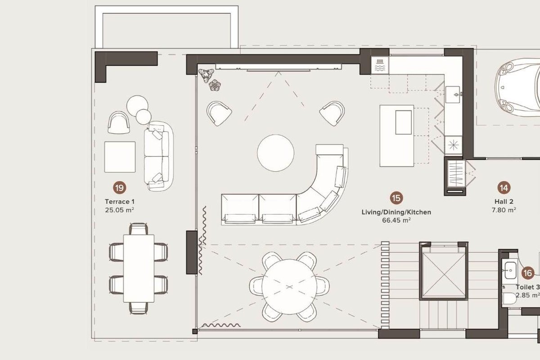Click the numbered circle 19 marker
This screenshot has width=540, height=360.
coord(120,188)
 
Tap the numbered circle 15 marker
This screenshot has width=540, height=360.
coord(396,198)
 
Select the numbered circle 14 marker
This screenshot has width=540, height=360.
coord(504,188)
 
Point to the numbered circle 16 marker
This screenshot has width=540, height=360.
coord(528,273)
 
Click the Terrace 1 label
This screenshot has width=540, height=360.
coord(120,202)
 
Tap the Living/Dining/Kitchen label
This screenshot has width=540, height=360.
coord(396,212)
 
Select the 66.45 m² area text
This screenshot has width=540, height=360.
coord(396,220)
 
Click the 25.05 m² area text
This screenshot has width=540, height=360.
coord(120,210)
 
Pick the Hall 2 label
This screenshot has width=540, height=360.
coord(504,202)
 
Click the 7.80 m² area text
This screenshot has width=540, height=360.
coord(504,210)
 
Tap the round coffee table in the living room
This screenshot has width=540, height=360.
coord(275,153)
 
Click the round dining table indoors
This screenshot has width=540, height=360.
coord(289,287)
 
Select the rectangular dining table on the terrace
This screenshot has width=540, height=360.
coord(139,268)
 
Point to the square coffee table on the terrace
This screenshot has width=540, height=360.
coord(120,157)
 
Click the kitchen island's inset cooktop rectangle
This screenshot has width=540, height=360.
coord(403,122)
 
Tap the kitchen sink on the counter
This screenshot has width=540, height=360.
coord(453,94)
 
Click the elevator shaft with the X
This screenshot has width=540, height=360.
coord(444,274)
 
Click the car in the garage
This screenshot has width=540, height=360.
coord(517,87)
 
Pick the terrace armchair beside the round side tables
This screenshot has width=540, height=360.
coord(119,122)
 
